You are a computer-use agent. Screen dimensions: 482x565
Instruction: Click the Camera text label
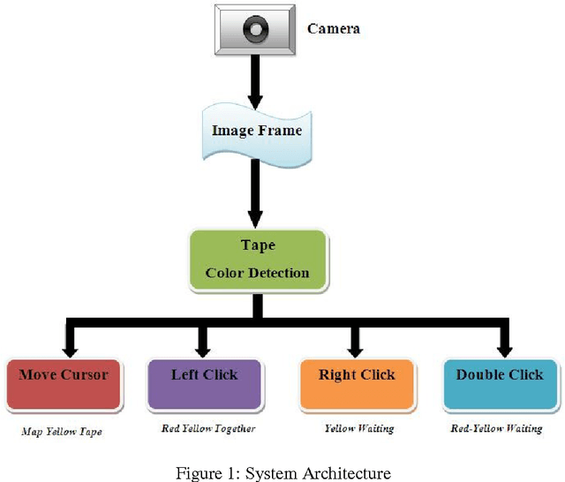333,28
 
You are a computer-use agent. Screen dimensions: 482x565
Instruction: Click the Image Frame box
257,131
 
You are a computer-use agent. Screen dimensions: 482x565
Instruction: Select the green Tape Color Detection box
257,260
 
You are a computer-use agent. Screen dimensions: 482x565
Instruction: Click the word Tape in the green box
258,245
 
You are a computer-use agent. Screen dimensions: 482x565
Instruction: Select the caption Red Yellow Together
208,428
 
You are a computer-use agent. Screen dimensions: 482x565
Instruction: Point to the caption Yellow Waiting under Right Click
358,428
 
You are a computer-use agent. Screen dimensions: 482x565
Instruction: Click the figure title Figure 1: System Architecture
282,473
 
